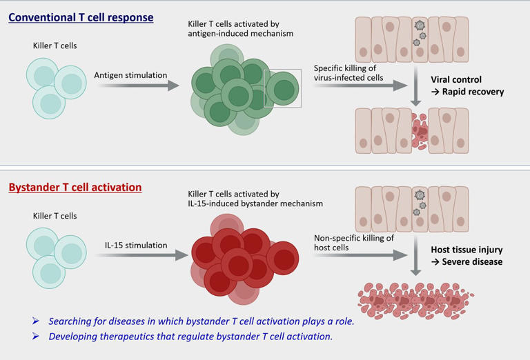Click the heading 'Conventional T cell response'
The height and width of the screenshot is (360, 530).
pyautogui.click(x=81, y=17)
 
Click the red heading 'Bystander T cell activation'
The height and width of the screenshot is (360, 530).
pyautogui.click(x=75, y=187)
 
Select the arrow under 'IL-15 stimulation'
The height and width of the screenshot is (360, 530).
pyautogui.click(x=141, y=255)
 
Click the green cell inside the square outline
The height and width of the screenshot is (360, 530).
pyautogui.click(x=283, y=89)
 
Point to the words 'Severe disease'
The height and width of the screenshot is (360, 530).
pyautogui.click(x=475, y=262)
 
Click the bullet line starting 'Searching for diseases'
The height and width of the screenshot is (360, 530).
pyautogui.click(x=200, y=321)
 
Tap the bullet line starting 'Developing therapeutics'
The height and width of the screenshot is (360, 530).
pyautogui.click(x=190, y=337)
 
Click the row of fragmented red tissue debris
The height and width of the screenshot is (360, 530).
pyautogui.click(x=414, y=298)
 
